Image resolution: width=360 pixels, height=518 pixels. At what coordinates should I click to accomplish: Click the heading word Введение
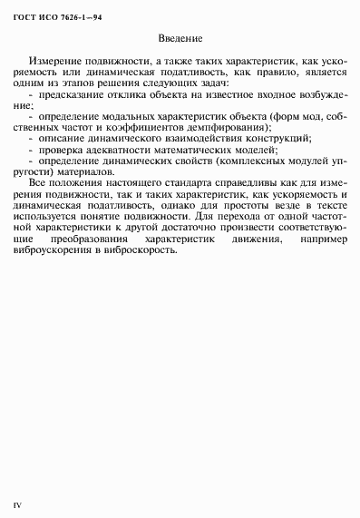179,40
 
